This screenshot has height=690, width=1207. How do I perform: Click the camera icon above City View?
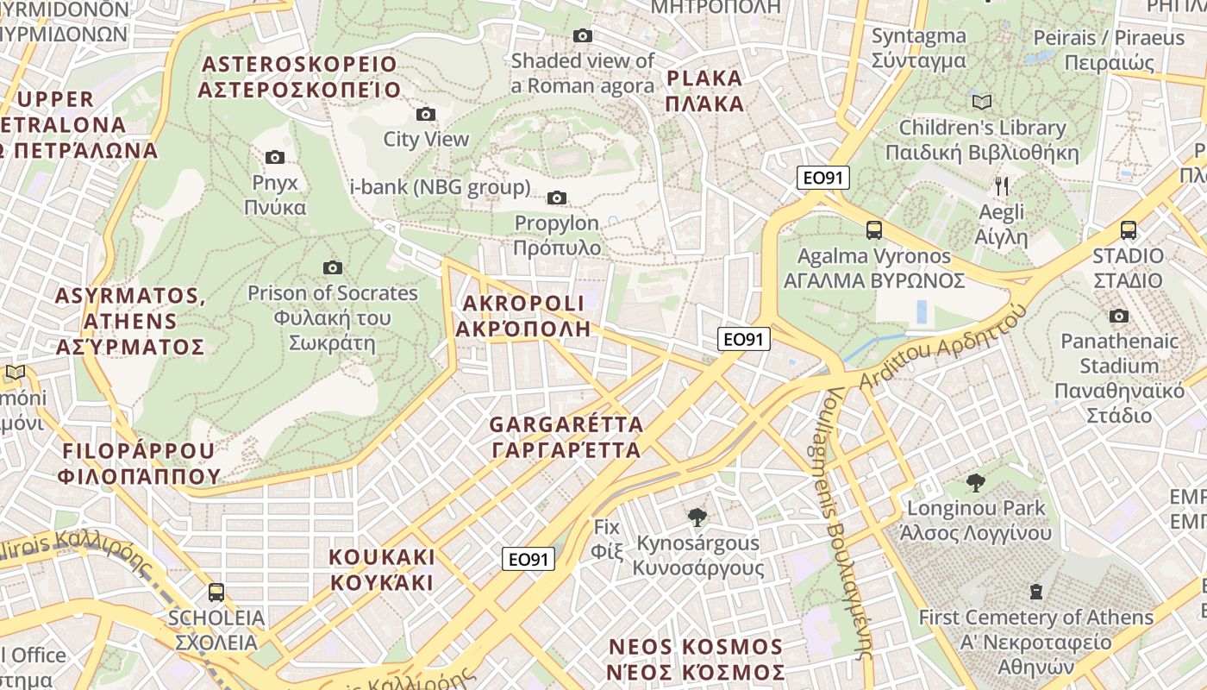(425, 114)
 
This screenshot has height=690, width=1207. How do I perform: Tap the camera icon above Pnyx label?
(275, 157)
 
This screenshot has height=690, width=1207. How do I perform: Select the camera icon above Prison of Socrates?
(332, 267)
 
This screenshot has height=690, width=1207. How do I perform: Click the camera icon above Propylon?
(557, 198)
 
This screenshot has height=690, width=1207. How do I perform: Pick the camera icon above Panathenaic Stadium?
(1119, 317)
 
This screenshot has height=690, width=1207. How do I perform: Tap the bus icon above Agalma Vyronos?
(874, 230)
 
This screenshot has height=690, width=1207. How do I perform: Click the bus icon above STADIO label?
(1128, 230)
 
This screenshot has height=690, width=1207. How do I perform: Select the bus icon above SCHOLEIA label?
(216, 593)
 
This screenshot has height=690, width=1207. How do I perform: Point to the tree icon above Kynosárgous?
(697, 517)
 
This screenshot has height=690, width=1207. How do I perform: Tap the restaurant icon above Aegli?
(1002, 185)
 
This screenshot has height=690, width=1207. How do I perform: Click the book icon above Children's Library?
(982, 102)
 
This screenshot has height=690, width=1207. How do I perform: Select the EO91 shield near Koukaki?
(528, 560)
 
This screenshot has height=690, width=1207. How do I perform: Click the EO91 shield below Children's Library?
(823, 179)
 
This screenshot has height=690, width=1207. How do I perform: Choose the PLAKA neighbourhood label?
(705, 91)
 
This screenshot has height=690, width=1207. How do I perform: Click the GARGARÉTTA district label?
(566, 437)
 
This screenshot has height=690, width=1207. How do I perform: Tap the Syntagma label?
(918, 48)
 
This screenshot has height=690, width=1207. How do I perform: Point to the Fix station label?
(607, 537)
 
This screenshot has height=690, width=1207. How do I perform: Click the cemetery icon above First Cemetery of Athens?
(1035, 592)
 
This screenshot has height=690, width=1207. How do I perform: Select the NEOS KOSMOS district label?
(697, 659)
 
